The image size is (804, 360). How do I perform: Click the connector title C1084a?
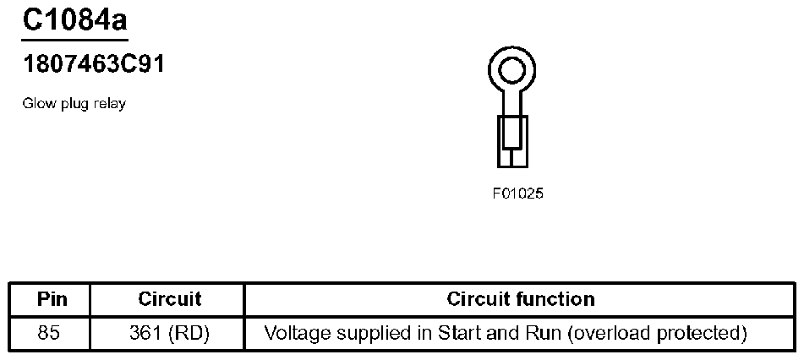point(74,19)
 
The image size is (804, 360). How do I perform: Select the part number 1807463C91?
point(93,65)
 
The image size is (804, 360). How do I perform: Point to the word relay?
point(109,104)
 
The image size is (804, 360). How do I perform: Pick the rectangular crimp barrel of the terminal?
point(511,141)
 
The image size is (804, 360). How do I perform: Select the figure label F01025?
point(517,194)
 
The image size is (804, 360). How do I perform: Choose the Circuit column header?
point(169,299)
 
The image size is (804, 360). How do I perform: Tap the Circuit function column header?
point(520,299)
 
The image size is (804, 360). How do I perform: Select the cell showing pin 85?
point(50,333)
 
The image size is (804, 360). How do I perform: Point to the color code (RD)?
point(189,333)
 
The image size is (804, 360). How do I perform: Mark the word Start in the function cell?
point(457,333)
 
